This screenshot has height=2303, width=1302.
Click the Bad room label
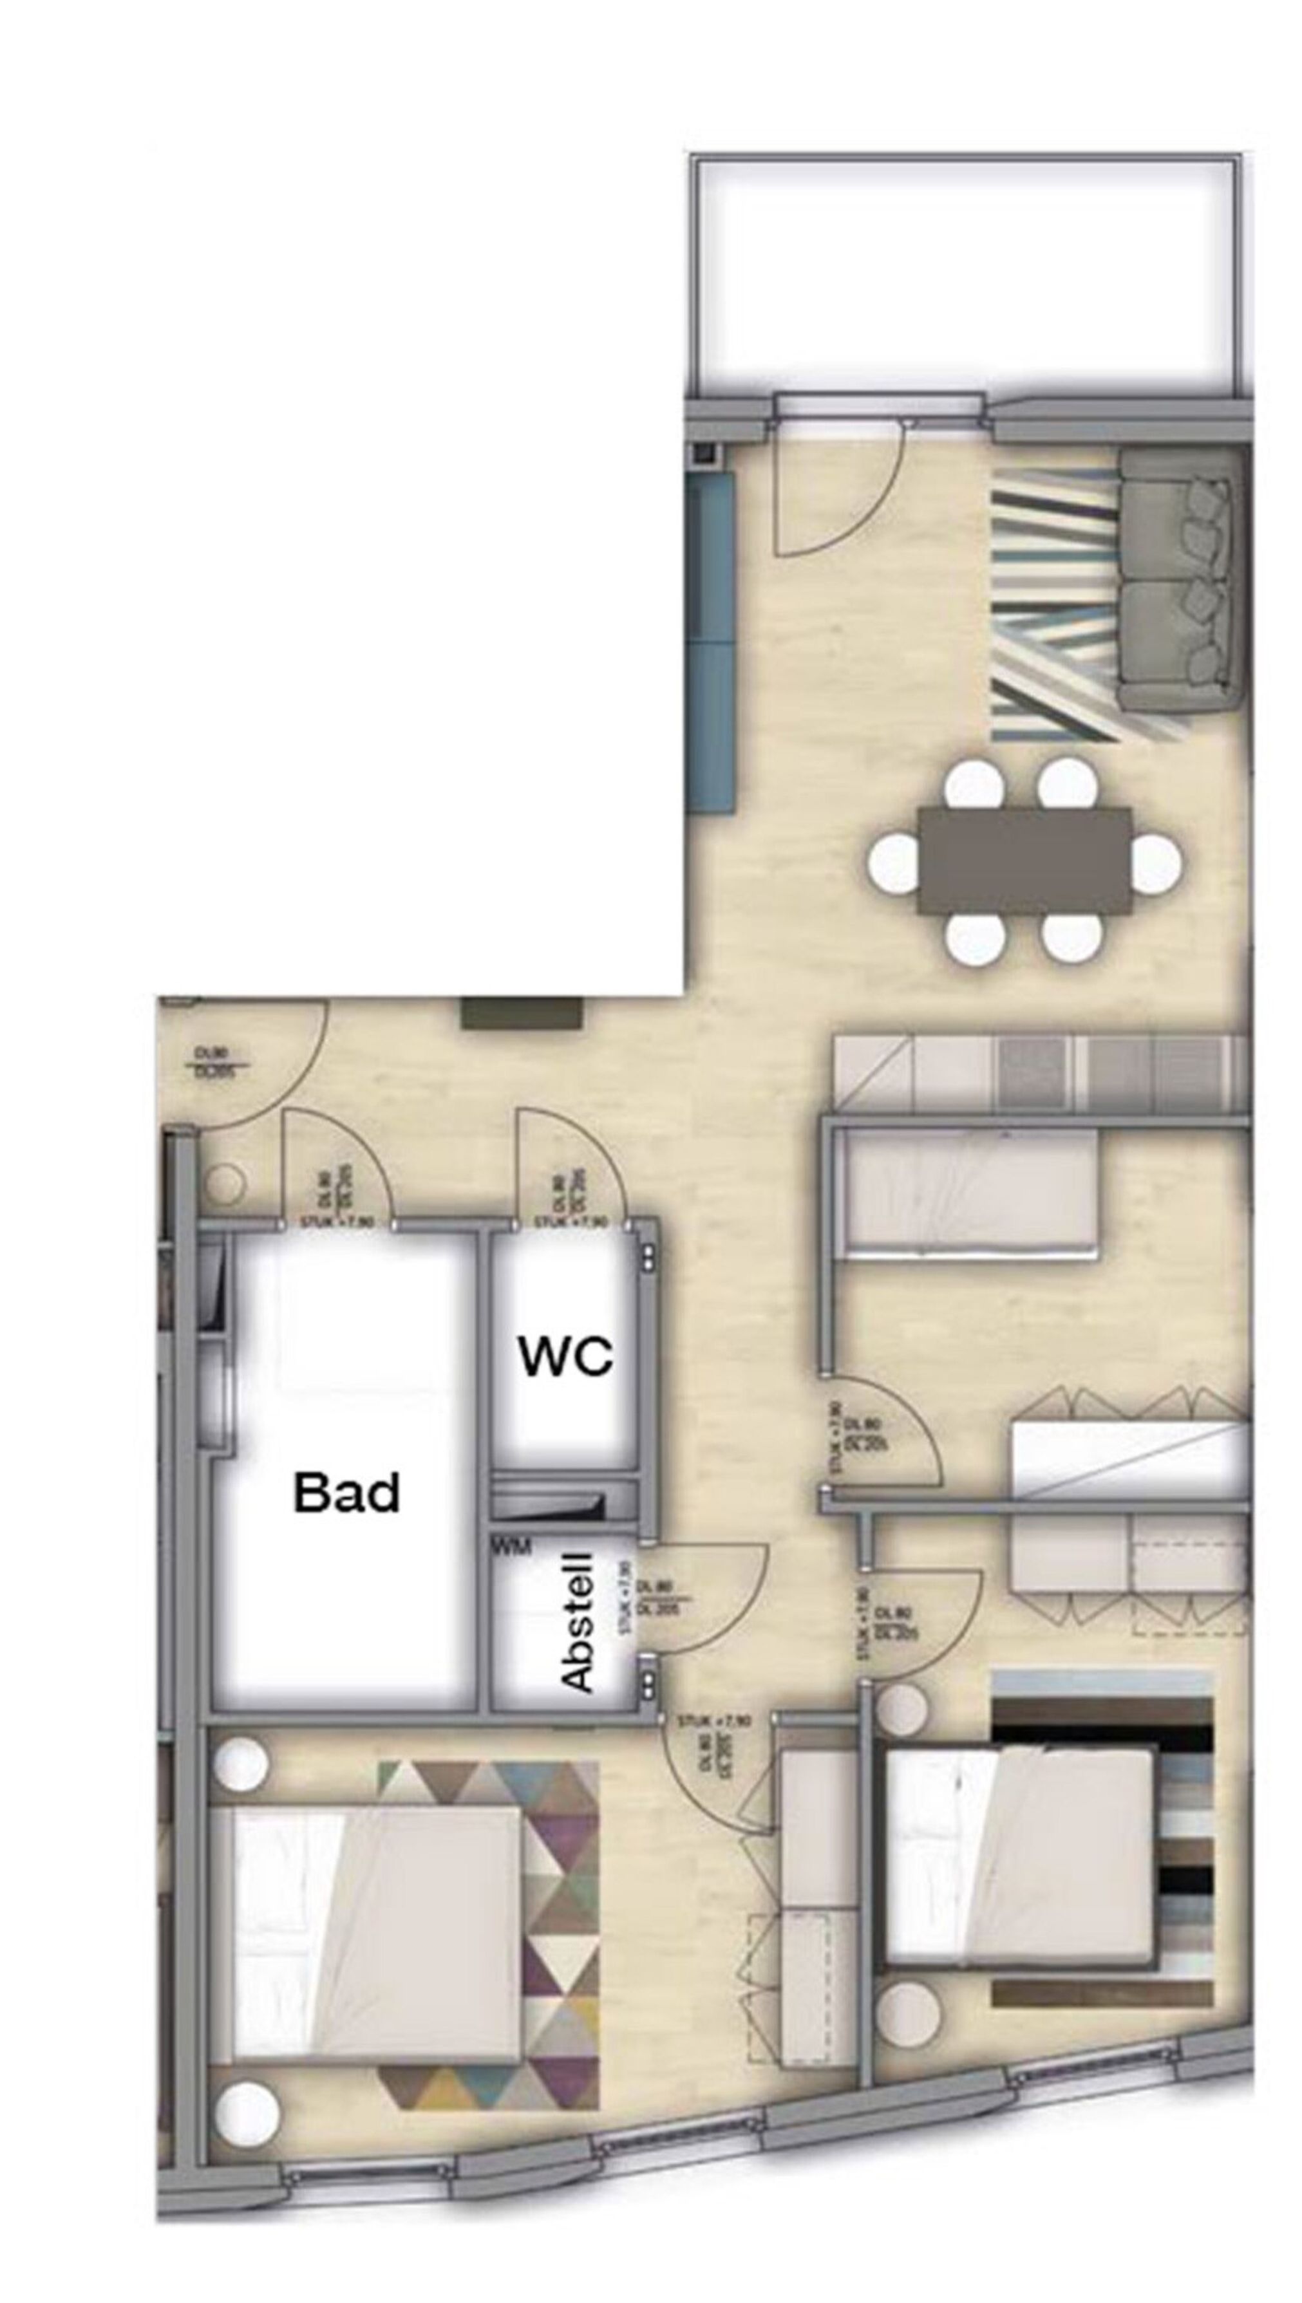pos(347,1493)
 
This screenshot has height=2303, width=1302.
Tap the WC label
pos(566,1358)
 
